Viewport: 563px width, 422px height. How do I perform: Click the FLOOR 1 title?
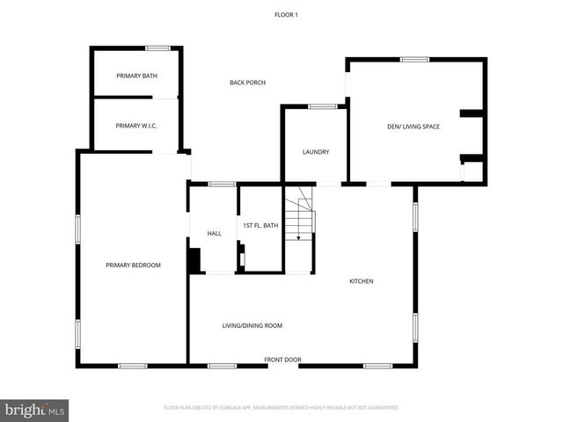point(286,14)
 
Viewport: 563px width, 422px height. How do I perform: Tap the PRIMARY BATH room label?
point(137,76)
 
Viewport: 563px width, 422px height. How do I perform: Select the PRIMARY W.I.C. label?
point(136,126)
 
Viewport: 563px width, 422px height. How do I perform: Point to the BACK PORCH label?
point(247,83)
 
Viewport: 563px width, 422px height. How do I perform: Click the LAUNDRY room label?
point(316,152)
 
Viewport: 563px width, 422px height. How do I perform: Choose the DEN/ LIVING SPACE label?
point(413,127)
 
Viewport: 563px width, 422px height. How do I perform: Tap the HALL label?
point(214,233)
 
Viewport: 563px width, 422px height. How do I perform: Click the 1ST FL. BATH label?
point(260,226)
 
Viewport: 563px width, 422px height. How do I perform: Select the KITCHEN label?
point(362,281)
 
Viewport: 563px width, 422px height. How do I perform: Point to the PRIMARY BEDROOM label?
point(133,265)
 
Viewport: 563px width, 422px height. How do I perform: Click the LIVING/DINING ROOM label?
point(252,325)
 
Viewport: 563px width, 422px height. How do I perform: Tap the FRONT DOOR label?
point(283,360)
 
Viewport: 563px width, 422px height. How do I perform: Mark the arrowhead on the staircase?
point(298,237)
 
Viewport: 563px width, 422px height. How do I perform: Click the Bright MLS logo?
point(35,410)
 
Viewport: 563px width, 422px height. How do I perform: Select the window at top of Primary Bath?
point(158,47)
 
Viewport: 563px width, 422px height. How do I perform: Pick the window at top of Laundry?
point(322,106)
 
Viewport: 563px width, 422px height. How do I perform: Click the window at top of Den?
point(414,59)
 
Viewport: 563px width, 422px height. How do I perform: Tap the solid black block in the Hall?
point(194,260)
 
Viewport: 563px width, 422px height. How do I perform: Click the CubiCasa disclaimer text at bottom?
point(281,408)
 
